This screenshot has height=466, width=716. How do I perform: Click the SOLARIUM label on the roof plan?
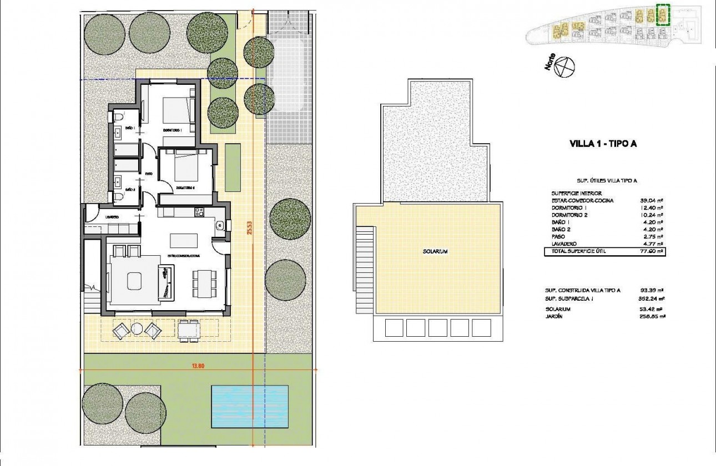434,251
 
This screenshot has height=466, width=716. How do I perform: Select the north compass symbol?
565,67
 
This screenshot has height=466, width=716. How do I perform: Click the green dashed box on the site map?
663,15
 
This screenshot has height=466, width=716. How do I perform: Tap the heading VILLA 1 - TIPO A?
603,144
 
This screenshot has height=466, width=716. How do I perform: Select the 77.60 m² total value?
653,251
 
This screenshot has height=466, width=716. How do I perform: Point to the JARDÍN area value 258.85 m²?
653,316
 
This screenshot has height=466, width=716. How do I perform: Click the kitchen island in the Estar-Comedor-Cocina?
184,240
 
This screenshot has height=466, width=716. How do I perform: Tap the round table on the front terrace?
137,330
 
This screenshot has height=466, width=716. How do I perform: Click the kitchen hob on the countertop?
199,211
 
